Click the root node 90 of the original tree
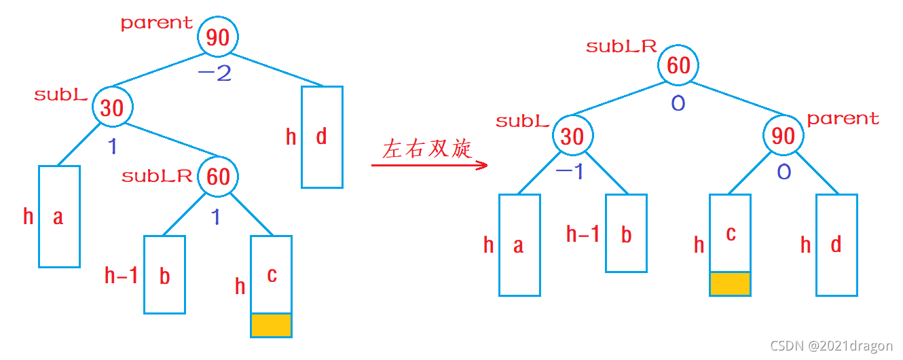click(218, 37)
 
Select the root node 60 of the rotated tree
click(678, 66)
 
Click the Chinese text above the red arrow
click(426, 149)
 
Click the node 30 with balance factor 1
click(112, 107)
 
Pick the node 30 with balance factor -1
click(572, 137)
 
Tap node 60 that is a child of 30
click(218, 177)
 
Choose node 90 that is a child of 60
click(784, 137)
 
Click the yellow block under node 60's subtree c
click(271, 325)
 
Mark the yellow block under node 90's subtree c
click(730, 284)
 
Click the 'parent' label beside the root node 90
click(157, 23)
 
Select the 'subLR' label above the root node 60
click(621, 47)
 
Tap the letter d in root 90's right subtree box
click(321, 137)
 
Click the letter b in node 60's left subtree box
click(164, 276)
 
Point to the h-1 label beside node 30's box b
click(583, 235)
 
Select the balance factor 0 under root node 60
click(678, 105)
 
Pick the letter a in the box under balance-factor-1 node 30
click(58, 217)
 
